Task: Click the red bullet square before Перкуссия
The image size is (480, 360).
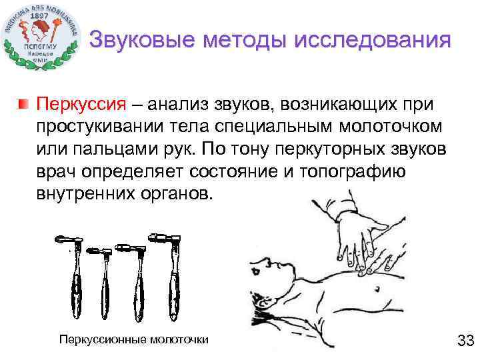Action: click(x=24, y=104)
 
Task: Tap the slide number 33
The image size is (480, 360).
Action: click(x=464, y=341)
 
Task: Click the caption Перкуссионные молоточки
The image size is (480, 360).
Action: click(x=134, y=339)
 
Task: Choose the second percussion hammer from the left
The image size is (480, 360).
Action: click(x=105, y=283)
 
